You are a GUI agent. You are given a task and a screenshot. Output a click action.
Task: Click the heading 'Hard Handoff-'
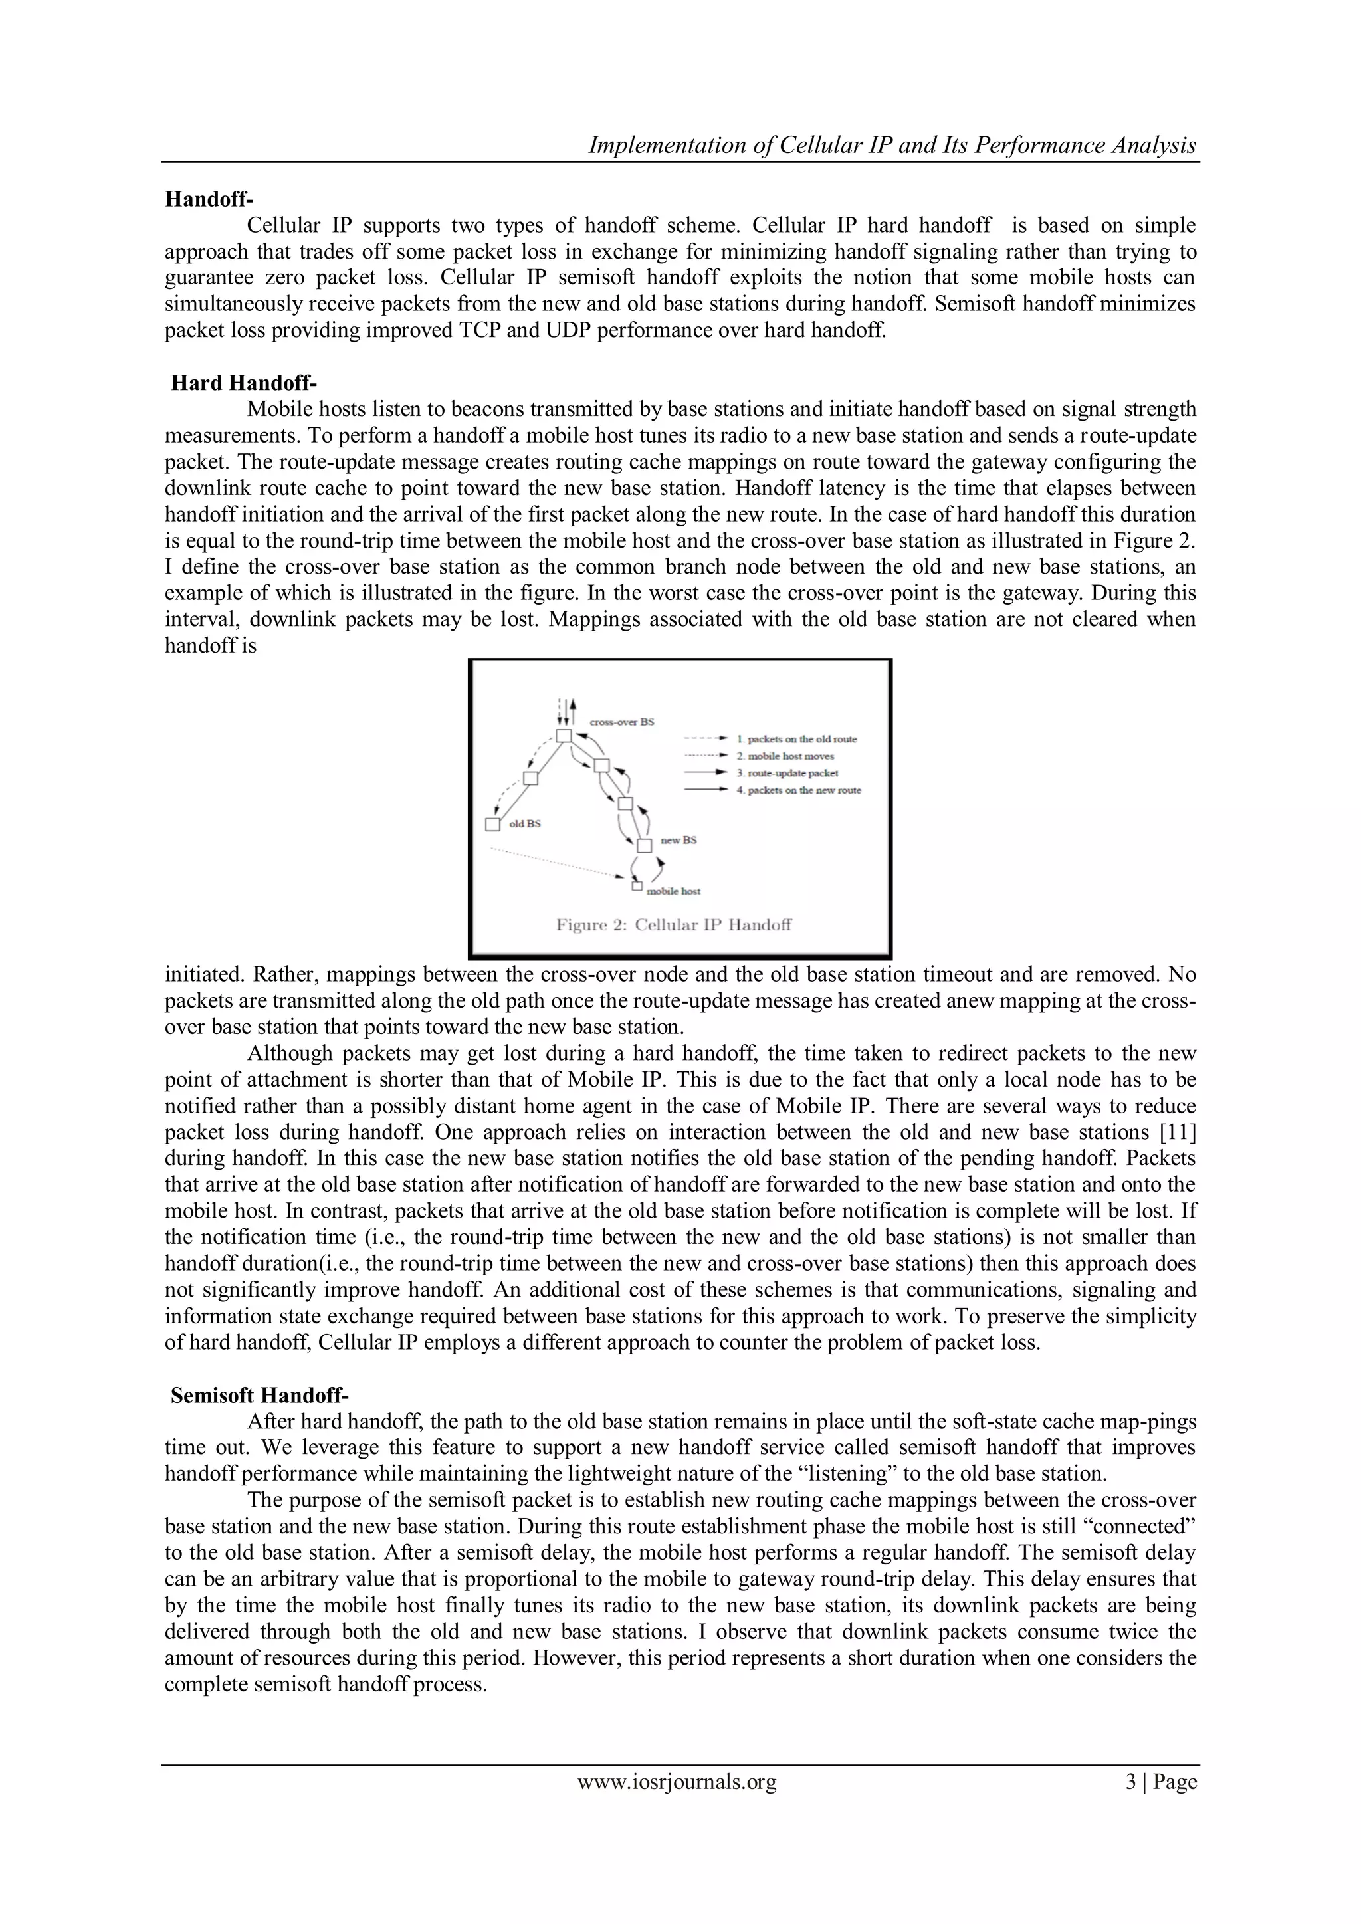(243, 383)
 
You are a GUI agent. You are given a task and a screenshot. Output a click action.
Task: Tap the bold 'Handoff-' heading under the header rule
(209, 199)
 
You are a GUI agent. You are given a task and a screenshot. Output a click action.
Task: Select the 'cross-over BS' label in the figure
(622, 722)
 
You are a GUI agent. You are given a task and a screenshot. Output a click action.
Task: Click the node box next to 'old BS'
(493, 825)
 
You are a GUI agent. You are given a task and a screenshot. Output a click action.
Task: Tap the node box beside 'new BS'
(644, 845)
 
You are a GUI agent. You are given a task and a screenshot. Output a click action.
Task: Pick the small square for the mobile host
(637, 885)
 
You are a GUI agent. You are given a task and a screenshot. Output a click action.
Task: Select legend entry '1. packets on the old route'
(796, 739)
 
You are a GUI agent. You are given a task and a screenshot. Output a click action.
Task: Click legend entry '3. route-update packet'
(787, 773)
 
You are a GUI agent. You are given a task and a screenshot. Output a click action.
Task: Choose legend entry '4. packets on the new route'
(798, 790)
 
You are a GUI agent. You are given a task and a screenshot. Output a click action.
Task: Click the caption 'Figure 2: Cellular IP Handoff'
(675, 925)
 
